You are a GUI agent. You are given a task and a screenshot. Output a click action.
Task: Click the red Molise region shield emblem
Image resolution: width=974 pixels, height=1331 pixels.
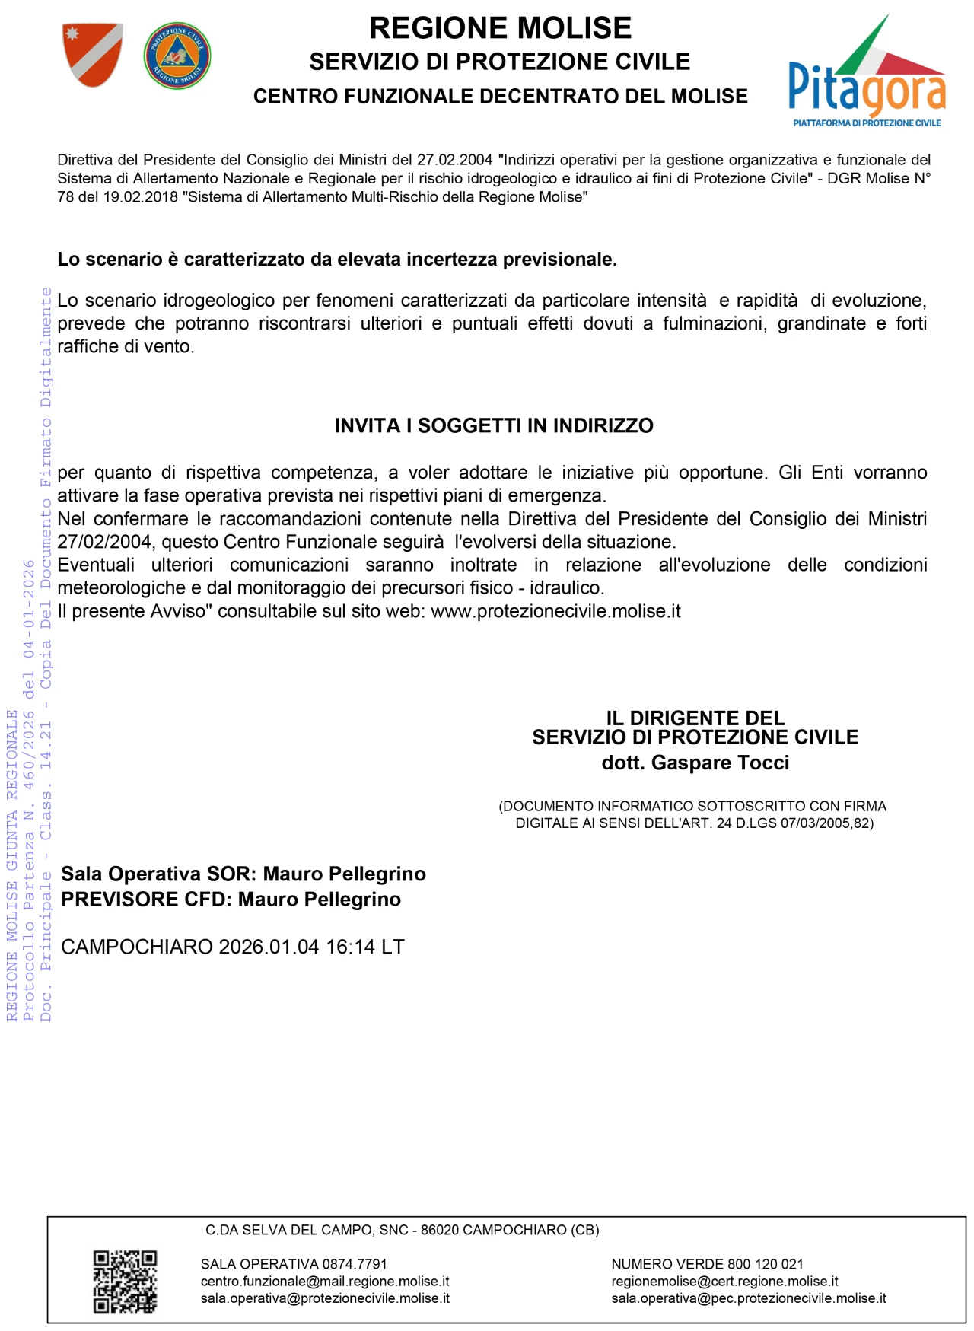92,55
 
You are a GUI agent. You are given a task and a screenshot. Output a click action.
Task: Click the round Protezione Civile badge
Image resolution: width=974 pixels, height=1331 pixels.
177,56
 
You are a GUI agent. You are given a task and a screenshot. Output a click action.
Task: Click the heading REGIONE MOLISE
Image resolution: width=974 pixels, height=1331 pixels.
500,28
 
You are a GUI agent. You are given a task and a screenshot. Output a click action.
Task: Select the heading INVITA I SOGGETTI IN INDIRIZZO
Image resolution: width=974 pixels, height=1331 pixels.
494,425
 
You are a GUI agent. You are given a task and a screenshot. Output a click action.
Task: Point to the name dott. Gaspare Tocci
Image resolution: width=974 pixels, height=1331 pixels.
695,763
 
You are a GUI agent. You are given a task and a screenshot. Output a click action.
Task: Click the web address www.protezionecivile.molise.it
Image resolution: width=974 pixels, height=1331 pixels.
555,611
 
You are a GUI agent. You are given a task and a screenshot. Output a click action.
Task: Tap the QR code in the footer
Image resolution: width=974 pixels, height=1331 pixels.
125,1282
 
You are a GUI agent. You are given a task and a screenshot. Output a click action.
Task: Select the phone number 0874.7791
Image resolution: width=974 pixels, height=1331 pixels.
355,1264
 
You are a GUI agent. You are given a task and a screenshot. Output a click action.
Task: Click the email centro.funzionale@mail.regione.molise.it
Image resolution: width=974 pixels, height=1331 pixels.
325,1282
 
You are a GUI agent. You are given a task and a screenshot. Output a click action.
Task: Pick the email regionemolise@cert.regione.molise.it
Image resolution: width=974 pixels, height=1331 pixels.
724,1282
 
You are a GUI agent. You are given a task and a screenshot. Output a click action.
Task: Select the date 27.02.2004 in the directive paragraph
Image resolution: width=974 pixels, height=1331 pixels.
454,160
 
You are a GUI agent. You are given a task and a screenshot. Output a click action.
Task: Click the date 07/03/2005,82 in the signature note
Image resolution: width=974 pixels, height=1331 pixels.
826,823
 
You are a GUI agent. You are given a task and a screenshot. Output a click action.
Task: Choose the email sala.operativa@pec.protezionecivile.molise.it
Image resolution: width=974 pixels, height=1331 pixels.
749,1298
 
